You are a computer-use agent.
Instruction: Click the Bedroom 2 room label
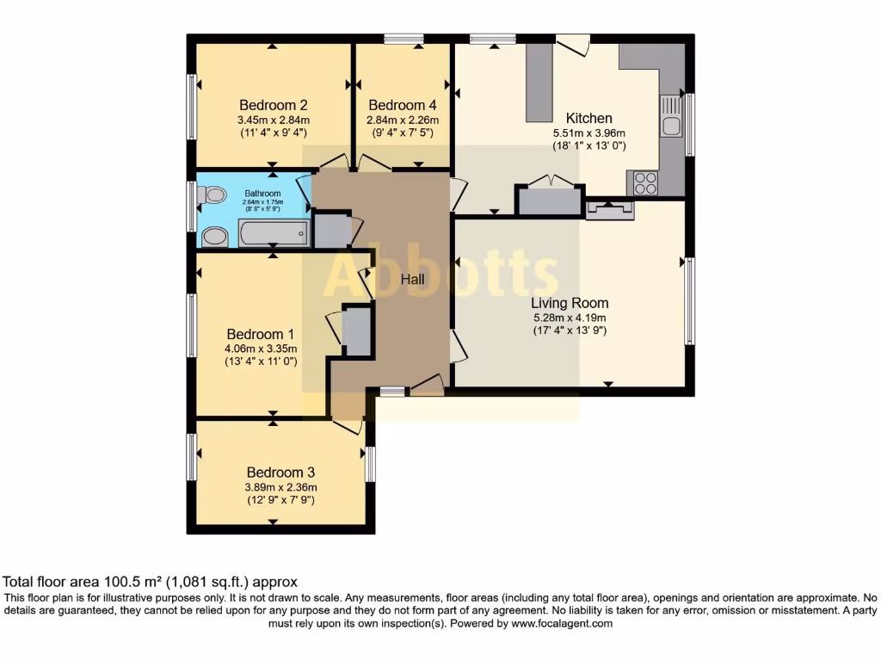pyautogui.click(x=273, y=105)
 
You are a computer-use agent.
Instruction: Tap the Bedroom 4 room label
pyautogui.click(x=403, y=105)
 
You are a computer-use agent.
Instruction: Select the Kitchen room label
pyautogui.click(x=588, y=118)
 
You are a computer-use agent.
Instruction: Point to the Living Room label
pyautogui.click(x=570, y=303)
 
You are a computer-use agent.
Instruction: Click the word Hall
pyautogui.click(x=412, y=279)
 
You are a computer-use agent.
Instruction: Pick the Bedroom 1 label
pyautogui.click(x=260, y=335)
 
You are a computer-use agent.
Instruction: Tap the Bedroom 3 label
pyautogui.click(x=280, y=473)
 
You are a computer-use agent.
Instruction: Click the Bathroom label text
pyautogui.click(x=262, y=194)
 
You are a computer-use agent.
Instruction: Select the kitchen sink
pyautogui.click(x=671, y=116)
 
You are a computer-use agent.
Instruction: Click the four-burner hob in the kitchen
pyautogui.click(x=645, y=182)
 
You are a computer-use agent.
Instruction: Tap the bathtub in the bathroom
pyautogui.click(x=274, y=232)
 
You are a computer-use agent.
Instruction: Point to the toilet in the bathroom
pyautogui.click(x=212, y=195)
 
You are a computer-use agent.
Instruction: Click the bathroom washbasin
pyautogui.click(x=214, y=237)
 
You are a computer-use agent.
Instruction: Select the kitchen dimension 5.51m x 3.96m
pyautogui.click(x=588, y=133)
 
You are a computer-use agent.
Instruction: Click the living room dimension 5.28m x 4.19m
pyautogui.click(x=570, y=318)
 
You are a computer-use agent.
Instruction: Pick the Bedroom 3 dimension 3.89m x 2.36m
pyautogui.click(x=280, y=487)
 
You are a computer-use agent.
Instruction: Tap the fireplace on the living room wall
pyautogui.click(x=610, y=210)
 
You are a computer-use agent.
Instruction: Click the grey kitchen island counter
pyautogui.click(x=539, y=83)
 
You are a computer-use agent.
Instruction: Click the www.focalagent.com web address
pyautogui.click(x=561, y=623)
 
